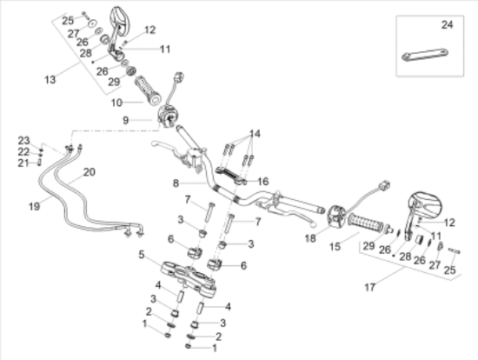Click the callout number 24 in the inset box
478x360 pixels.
(x=448, y=24)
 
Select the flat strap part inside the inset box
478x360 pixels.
(x=425, y=55)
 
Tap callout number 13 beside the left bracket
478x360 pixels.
(x=50, y=80)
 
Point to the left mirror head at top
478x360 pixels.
(x=120, y=18)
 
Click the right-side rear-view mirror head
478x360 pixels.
(x=425, y=203)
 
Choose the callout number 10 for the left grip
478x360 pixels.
(x=116, y=103)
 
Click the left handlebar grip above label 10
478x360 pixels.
(x=148, y=90)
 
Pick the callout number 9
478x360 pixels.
(x=126, y=120)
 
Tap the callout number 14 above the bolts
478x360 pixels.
(x=255, y=134)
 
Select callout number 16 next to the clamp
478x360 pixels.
(x=263, y=182)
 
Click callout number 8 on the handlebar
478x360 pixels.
(x=176, y=183)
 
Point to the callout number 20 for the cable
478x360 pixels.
(x=90, y=172)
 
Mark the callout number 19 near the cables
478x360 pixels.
(x=34, y=207)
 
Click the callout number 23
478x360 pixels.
(x=23, y=141)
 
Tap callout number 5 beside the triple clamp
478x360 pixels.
(x=141, y=255)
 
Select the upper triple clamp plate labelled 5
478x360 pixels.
(x=189, y=277)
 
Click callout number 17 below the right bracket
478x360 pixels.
(x=369, y=287)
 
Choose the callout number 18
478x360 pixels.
(x=310, y=238)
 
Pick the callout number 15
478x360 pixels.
(x=335, y=246)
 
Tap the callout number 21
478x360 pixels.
(x=23, y=163)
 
